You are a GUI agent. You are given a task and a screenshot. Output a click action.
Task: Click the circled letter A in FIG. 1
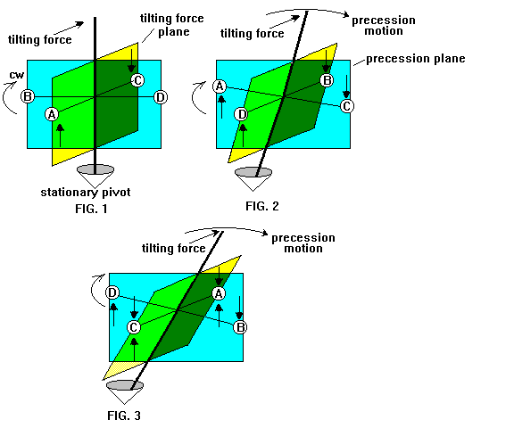pyautogui.click(x=52, y=114)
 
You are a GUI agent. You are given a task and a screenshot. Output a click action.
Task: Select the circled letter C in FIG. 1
pyautogui.click(x=137, y=80)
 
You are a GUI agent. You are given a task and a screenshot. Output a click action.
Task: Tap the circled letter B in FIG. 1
pyautogui.click(x=28, y=96)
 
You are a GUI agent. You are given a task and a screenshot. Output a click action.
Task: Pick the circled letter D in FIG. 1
pyautogui.click(x=161, y=97)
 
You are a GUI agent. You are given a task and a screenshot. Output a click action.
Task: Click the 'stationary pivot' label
pyautogui.click(x=86, y=192)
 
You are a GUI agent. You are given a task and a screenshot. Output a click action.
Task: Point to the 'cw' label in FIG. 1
pyautogui.click(x=17, y=75)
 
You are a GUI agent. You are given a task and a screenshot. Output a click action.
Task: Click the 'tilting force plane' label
pyautogui.click(x=172, y=25)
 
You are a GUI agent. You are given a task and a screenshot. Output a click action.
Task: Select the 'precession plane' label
pyautogui.click(x=416, y=59)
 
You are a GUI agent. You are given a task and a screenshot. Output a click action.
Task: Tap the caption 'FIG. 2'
pyautogui.click(x=262, y=206)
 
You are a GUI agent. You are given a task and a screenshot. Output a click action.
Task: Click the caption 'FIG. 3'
pyautogui.click(x=124, y=416)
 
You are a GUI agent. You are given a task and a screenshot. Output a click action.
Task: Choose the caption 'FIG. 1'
pyautogui.click(x=91, y=209)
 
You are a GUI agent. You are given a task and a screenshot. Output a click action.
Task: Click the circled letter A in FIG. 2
pyautogui.click(x=220, y=86)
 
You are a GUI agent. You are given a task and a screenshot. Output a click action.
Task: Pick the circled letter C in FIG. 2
pyautogui.click(x=347, y=106)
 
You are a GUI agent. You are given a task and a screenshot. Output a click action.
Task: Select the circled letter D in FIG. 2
pyautogui.click(x=241, y=114)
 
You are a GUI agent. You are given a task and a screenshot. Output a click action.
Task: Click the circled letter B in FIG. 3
pyautogui.click(x=240, y=327)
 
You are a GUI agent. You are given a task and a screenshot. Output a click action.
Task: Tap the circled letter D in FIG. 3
pyautogui.click(x=112, y=292)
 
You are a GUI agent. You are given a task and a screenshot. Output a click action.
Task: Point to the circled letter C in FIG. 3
pyautogui.click(x=134, y=327)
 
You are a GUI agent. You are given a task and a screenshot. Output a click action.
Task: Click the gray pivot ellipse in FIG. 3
pyautogui.click(x=125, y=385)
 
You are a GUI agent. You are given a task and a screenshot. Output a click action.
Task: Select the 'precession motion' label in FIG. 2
pyautogui.click(x=384, y=26)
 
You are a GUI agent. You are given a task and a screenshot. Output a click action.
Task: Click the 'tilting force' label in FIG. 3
pyautogui.click(x=174, y=248)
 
